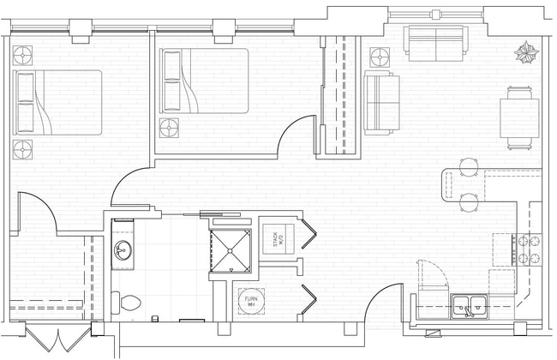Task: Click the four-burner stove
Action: pyautogui.click(x=528, y=249)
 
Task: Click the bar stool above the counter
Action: pyautogui.click(x=469, y=165)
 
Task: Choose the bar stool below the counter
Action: pyautogui.click(x=469, y=202)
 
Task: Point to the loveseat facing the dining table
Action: pyautogui.click(x=381, y=102)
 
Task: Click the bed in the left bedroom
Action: pyautogui.click(x=57, y=102)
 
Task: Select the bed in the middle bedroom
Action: pyautogui.click(x=204, y=81)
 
